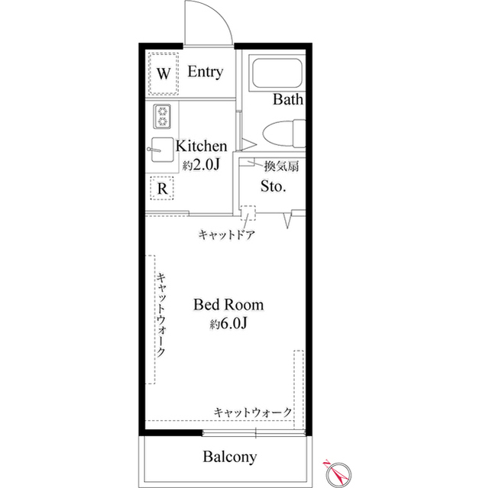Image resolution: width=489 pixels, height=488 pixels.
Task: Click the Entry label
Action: pos(206,73)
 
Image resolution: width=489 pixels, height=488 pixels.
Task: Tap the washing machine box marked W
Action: pos(163,74)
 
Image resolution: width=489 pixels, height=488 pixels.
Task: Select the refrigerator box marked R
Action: pos(162,187)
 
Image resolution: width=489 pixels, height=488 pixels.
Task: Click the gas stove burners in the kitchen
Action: pos(163,116)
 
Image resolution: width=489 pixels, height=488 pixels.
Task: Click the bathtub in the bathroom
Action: pos(277,74)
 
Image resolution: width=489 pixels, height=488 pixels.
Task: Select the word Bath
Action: pos(289,99)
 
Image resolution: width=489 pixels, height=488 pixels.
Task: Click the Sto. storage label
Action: pos(274,186)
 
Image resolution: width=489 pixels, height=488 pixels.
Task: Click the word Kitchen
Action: pos(202,146)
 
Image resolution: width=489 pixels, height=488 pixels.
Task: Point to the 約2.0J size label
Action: pos(202,164)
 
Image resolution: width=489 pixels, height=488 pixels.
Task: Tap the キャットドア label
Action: pos(225,235)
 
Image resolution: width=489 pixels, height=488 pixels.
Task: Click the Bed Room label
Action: pos(228,305)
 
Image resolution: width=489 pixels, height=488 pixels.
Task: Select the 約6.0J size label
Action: pos(228,325)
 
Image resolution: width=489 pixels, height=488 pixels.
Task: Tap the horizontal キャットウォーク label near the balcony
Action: pos(253,412)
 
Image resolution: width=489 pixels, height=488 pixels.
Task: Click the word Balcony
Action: pos(229,458)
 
